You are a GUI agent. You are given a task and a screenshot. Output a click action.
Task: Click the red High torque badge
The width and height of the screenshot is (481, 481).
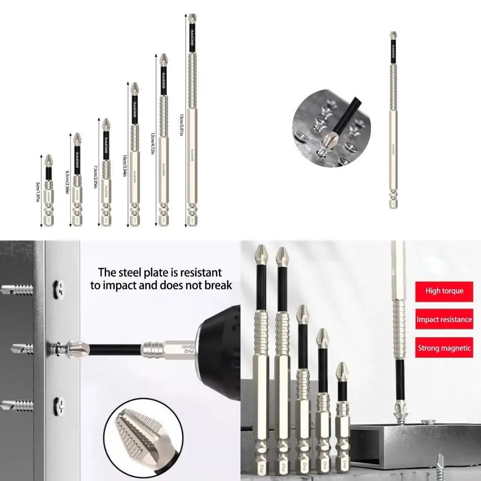444,291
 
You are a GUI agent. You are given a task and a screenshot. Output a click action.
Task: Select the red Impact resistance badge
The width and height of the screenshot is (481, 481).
444,320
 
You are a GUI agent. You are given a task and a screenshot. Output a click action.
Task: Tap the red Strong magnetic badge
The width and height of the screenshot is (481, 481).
444,348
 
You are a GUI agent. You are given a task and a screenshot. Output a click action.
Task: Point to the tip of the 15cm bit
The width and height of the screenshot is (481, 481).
192,18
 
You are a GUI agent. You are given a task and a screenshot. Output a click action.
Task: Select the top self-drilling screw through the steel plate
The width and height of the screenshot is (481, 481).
16,289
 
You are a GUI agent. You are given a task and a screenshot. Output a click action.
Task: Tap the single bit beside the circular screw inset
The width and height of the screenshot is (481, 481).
393,120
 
